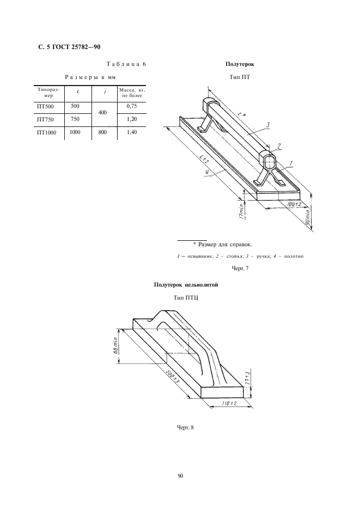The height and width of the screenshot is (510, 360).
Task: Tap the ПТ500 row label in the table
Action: (x=46, y=107)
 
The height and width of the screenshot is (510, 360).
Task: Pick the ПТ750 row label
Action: (x=46, y=119)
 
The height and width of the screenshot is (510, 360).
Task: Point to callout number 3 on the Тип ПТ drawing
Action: (x=268, y=125)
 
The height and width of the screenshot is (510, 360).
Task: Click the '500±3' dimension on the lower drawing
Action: (x=173, y=375)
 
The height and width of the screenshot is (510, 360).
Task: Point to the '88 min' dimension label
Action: (x=117, y=345)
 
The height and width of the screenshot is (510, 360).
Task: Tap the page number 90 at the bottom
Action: (x=180, y=476)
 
